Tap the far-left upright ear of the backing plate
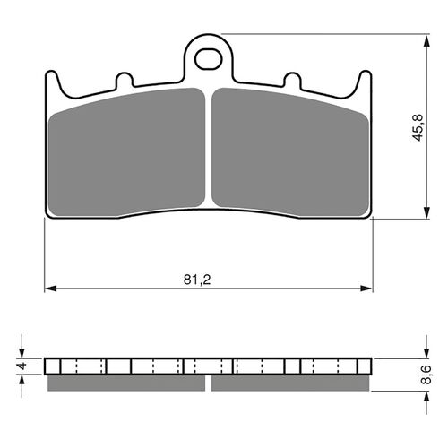point(54,82)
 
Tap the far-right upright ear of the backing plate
point(364,82)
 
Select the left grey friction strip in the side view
point(126,383)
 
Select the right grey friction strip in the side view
point(289,383)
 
